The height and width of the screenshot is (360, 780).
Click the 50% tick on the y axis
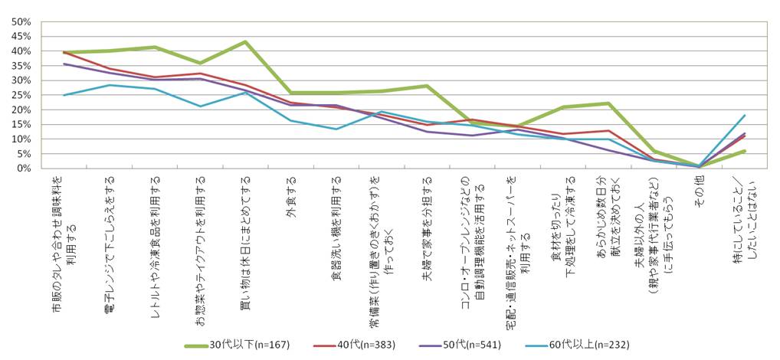(x=19, y=21)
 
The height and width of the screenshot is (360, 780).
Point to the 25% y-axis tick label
(x=19, y=95)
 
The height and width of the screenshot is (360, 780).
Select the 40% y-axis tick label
(x=19, y=51)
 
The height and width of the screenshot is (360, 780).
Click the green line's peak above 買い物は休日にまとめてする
(x=245, y=41)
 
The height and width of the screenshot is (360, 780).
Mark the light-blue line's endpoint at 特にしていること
(x=744, y=115)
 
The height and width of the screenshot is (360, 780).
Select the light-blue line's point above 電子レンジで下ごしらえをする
(x=110, y=85)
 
